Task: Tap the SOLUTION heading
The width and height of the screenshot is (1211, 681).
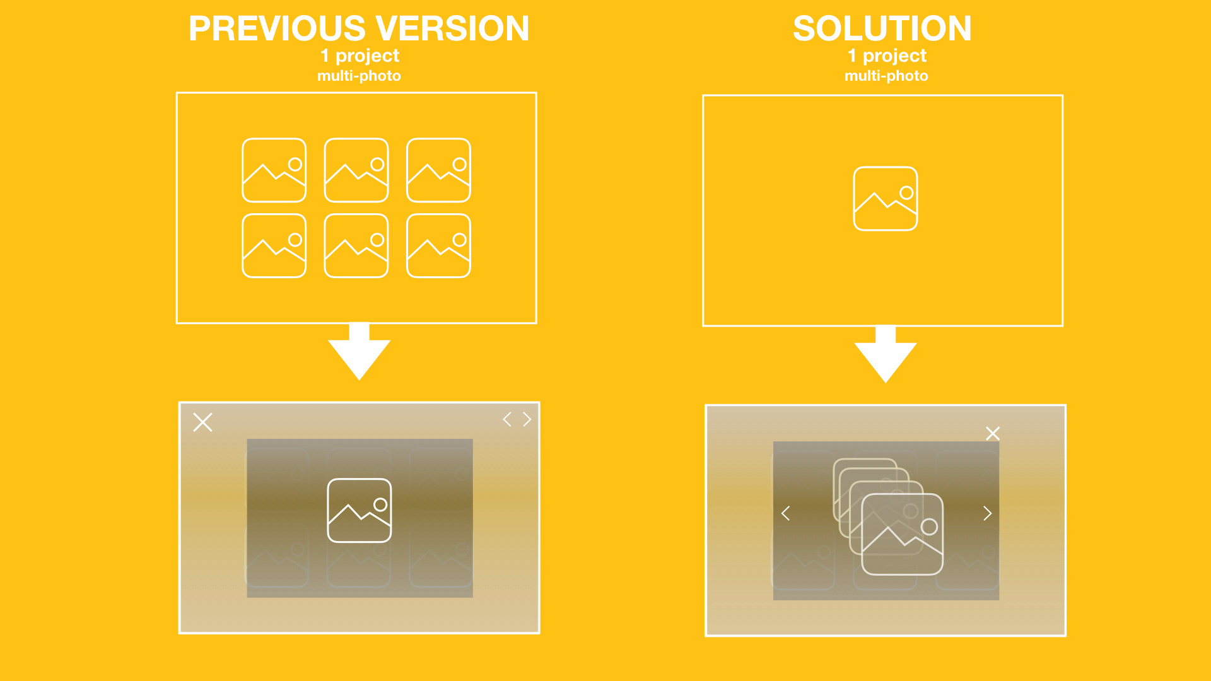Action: pos(882,29)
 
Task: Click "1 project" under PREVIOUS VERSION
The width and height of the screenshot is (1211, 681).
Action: pos(360,56)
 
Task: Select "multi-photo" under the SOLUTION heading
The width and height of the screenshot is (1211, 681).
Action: pos(886,76)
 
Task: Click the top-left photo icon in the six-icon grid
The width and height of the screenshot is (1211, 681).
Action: pos(274,170)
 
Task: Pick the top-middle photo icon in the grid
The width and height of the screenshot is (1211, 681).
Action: pos(356,170)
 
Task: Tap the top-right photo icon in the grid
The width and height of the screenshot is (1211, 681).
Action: pos(438,170)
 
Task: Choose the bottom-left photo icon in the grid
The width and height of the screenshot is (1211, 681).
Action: pos(274,246)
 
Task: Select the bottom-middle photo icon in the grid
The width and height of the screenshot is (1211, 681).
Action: pos(356,246)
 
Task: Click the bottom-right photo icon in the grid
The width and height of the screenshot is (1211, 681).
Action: pos(438,246)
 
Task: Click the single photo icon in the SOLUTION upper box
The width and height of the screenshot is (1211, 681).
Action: pos(885,199)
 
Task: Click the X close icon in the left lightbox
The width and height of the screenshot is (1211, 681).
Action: pos(202,422)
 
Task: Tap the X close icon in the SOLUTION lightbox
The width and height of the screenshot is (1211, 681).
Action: pos(993,433)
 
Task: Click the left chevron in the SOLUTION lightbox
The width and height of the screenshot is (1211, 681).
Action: pos(786,513)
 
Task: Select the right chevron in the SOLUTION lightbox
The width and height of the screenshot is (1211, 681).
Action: pos(987,513)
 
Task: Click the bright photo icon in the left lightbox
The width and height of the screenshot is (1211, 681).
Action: pos(360,510)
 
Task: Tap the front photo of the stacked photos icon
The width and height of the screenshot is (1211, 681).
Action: pos(902,535)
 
